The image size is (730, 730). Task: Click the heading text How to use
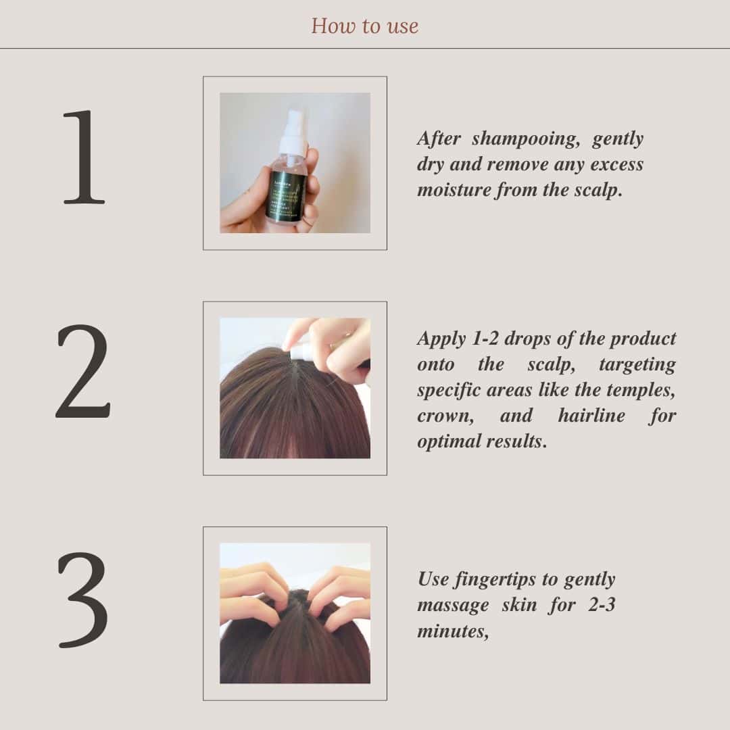pyautogui.click(x=364, y=26)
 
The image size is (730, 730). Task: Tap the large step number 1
pyautogui.click(x=84, y=157)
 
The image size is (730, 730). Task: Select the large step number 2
pyautogui.click(x=82, y=372)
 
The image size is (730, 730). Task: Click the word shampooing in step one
pyautogui.click(x=525, y=139)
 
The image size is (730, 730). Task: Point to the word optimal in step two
pyautogui.click(x=449, y=441)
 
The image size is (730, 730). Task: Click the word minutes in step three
pyautogui.click(x=451, y=631)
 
